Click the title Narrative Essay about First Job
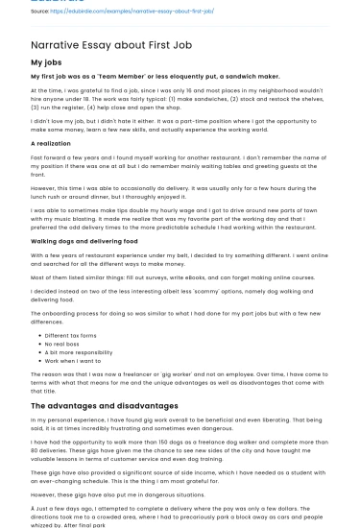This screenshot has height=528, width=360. tap(115, 44)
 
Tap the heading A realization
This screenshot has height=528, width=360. tap(51, 142)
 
